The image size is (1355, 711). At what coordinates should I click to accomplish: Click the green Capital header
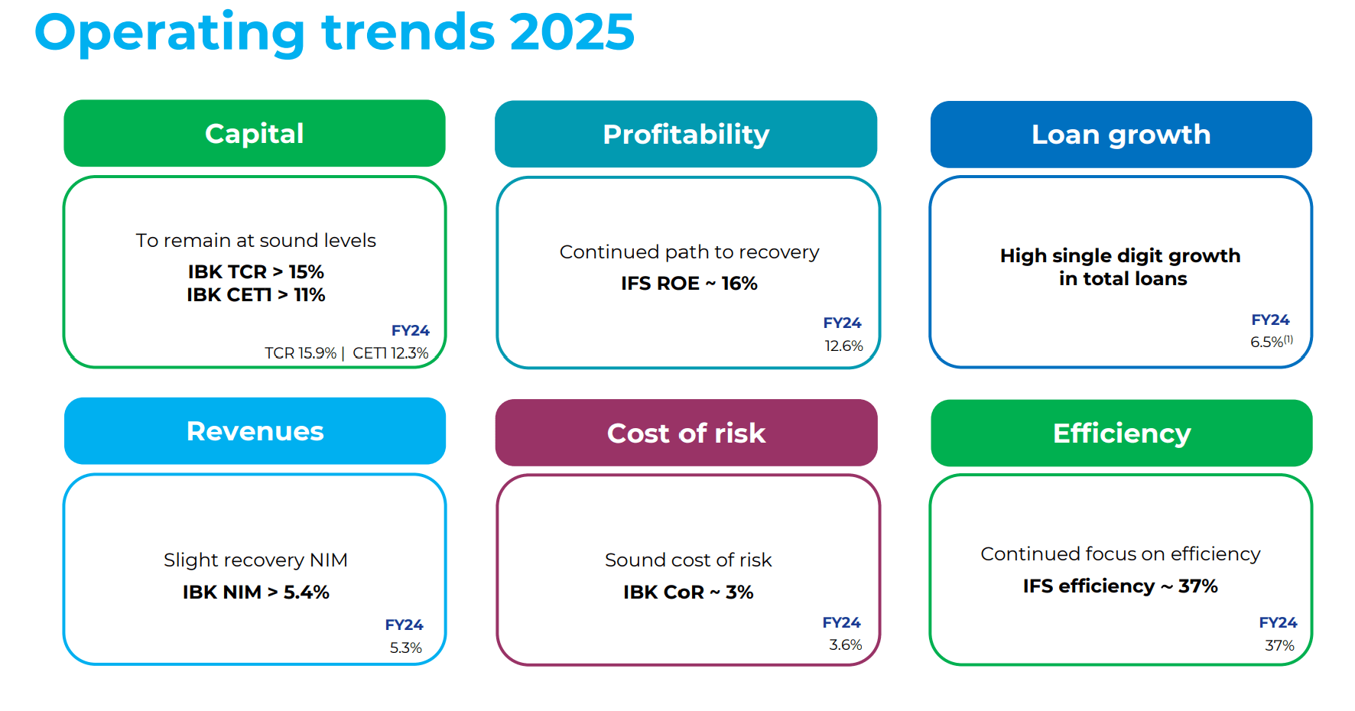tap(254, 134)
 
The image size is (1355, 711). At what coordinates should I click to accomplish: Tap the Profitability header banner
tap(685, 135)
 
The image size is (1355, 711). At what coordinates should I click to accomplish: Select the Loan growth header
tap(1120, 135)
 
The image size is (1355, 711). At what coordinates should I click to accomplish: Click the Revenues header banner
tap(255, 431)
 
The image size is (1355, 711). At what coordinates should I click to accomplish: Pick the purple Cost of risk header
tap(685, 433)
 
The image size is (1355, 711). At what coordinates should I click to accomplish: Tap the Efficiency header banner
tap(1121, 433)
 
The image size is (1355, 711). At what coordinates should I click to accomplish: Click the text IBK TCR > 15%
tap(255, 271)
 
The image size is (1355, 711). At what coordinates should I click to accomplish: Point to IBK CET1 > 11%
tap(255, 295)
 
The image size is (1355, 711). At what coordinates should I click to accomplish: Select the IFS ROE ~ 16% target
tap(688, 284)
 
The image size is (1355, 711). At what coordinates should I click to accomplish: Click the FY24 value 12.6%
tap(843, 346)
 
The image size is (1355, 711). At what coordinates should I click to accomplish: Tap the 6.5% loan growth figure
tap(1267, 342)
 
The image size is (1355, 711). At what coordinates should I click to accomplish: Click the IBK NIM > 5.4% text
tap(255, 592)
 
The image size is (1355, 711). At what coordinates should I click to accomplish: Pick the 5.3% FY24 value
tap(405, 648)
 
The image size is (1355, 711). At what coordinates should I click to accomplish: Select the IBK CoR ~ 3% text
tap(687, 592)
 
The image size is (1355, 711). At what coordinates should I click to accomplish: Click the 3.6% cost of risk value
tap(845, 644)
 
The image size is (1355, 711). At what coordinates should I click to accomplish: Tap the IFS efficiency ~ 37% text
tap(1119, 586)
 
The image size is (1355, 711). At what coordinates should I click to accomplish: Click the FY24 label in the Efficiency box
tap(1278, 622)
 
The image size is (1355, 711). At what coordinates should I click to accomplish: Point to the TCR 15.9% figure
tap(301, 353)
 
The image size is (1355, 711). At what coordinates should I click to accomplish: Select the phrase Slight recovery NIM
tap(255, 560)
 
